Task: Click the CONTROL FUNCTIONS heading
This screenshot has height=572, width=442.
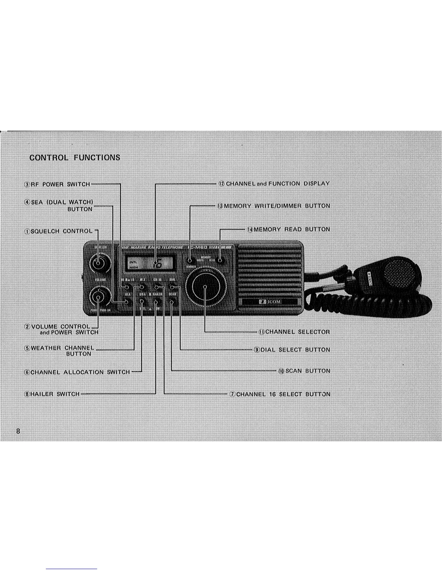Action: (75, 157)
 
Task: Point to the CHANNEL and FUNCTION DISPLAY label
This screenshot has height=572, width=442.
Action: (274, 183)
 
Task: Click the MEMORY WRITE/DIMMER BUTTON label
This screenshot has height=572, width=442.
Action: (273, 206)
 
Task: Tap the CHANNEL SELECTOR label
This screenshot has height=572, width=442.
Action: (294, 332)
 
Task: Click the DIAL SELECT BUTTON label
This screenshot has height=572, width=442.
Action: (292, 350)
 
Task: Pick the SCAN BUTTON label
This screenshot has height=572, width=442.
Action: (304, 371)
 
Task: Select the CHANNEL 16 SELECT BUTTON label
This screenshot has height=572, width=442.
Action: (280, 394)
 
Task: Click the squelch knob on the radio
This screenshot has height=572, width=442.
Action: (98, 264)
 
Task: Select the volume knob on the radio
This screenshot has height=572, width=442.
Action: (98, 297)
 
